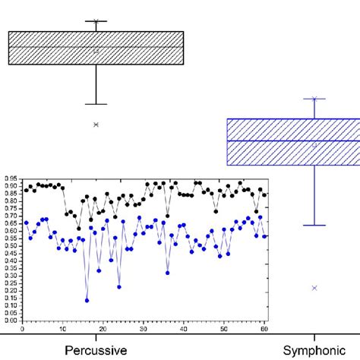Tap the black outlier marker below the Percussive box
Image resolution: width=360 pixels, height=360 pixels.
[x=96, y=125]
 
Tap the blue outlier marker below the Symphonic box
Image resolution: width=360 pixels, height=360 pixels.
[x=314, y=288]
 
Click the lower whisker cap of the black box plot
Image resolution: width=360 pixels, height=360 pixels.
[x=96, y=104]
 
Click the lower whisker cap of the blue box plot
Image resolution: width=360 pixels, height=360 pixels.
[x=314, y=225]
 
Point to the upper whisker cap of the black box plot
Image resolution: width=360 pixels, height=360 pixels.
[x=96, y=21]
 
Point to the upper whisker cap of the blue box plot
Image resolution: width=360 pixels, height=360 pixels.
[x=314, y=99]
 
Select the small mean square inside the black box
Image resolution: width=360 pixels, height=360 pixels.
[x=96, y=51]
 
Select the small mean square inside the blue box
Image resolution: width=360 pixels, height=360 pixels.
[x=314, y=144]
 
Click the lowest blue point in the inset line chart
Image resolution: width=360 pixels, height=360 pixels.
[x=87, y=301]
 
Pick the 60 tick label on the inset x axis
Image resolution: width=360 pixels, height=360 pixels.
[x=264, y=328]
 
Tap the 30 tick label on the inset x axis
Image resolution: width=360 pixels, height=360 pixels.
[x=144, y=328]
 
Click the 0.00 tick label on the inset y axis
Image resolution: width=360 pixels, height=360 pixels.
[x=11, y=321]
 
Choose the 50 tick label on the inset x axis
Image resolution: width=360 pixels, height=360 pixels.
[x=223, y=328]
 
